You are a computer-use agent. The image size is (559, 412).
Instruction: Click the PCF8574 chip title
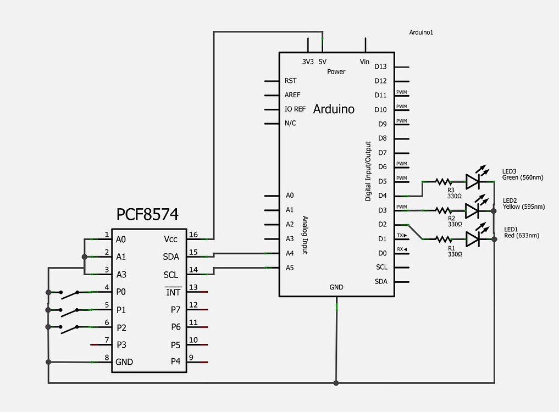(147, 214)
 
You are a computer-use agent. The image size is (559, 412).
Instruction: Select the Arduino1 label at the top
(422, 32)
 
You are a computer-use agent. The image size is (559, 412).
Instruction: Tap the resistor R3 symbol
(442, 181)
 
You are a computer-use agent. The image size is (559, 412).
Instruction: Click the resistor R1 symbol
(442, 238)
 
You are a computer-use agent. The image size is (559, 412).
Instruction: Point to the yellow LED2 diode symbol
(473, 210)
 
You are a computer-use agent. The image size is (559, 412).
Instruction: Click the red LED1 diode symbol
(473, 238)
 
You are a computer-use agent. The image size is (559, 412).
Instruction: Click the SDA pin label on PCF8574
(171, 257)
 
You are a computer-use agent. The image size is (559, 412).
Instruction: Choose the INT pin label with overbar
(173, 292)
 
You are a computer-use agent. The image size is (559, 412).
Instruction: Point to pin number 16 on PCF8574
(193, 235)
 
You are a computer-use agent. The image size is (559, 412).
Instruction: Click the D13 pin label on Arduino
(380, 66)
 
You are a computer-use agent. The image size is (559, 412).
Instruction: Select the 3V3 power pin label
(308, 62)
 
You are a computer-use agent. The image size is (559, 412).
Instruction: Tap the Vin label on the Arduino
(364, 62)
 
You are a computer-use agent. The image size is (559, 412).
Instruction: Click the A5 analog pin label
(290, 268)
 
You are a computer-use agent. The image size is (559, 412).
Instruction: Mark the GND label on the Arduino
(336, 287)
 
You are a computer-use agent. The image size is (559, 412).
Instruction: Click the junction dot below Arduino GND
(336, 382)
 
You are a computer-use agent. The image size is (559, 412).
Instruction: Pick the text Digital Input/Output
(368, 171)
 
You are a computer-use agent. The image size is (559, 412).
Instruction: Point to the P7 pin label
(175, 310)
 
